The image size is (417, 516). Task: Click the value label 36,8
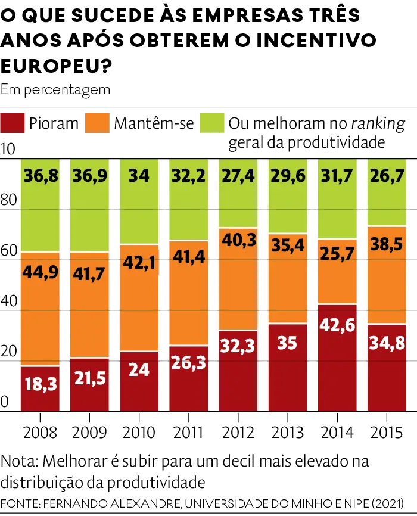(x=41, y=177)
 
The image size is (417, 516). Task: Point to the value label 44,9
(x=41, y=272)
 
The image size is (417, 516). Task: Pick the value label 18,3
(x=41, y=384)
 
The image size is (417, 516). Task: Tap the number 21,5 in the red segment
(x=89, y=379)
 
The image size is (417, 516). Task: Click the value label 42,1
(x=139, y=263)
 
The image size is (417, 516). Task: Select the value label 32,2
(x=188, y=177)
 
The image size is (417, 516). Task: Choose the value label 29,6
(x=287, y=177)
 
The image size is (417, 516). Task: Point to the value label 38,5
(x=386, y=244)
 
